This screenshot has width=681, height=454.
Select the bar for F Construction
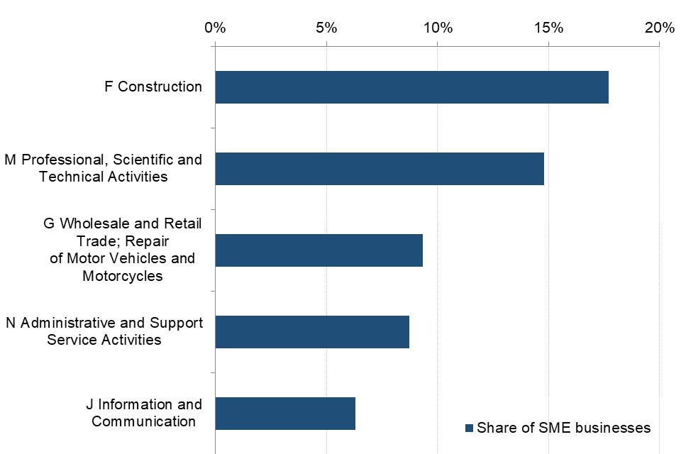coord(411,87)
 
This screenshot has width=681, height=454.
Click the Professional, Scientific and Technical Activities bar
coord(380,169)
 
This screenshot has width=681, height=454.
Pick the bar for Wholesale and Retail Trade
coord(319,250)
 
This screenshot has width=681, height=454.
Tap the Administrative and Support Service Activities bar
coord(312,332)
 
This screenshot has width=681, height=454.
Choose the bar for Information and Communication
coord(285,414)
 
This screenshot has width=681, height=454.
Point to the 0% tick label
coord(215,28)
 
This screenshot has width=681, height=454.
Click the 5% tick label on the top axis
coord(326,28)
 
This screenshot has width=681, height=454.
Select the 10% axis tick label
coord(437,28)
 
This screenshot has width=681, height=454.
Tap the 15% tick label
coord(548,28)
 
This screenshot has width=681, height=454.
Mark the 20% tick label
coord(660,28)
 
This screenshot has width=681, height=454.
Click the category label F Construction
coord(153,87)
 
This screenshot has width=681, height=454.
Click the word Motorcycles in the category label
coord(123,276)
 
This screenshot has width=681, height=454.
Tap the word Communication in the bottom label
coord(144,422)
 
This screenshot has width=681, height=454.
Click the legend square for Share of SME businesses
coord(469,428)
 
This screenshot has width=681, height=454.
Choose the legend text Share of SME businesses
coord(563,428)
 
